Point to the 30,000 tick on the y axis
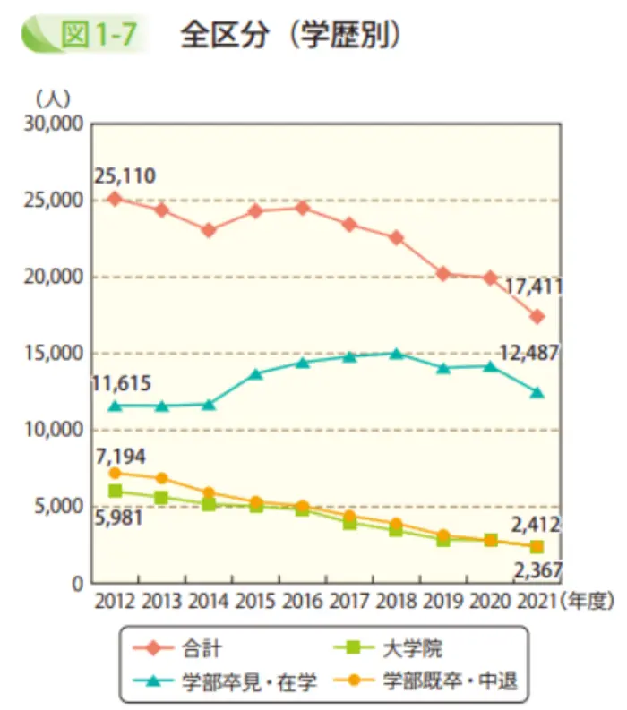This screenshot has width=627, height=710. [53, 124]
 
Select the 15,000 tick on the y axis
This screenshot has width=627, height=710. [53, 354]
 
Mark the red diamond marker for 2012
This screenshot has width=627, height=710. [114, 198]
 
